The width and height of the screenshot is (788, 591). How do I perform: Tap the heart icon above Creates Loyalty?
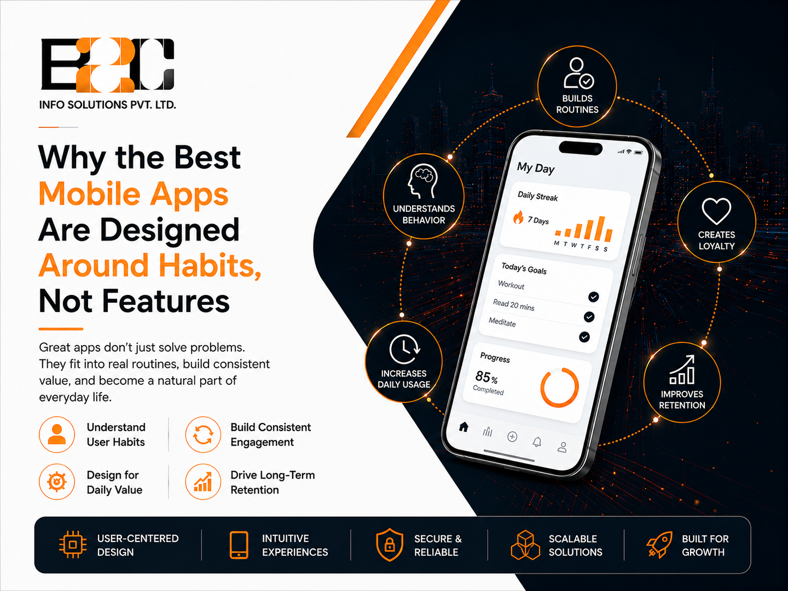[716, 211]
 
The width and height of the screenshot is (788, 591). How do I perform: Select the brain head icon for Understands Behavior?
[422, 181]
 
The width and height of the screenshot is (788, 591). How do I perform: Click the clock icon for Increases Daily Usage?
[405, 349]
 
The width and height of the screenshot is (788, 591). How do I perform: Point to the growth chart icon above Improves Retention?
[682, 370]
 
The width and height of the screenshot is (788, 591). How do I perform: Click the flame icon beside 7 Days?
[518, 217]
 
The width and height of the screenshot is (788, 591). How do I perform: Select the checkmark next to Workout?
[593, 297]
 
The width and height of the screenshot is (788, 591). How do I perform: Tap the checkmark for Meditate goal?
[584, 337]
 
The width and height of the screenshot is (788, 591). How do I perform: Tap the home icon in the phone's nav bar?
[464, 427]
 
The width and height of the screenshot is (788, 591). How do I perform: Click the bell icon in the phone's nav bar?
[537, 442]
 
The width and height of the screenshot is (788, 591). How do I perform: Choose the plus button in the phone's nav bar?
[512, 436]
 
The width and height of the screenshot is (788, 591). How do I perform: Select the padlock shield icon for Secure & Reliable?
[390, 545]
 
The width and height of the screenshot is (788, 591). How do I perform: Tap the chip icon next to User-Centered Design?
[72, 545]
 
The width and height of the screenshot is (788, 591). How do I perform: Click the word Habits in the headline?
[210, 266]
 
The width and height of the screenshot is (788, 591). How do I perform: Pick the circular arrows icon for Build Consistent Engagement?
[203, 435]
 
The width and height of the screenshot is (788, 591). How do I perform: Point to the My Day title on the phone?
[535, 168]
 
